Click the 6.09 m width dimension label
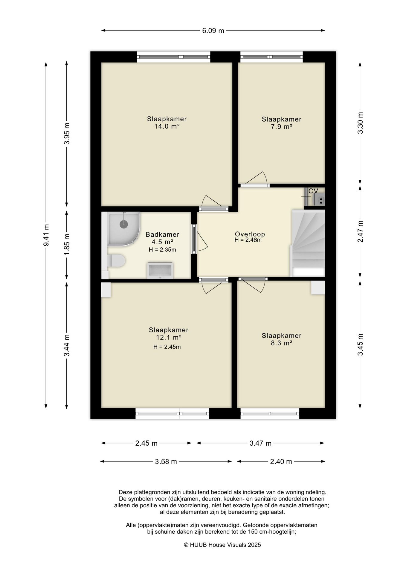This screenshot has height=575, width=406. click(x=213, y=31)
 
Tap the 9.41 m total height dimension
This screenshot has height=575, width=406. click(x=46, y=235)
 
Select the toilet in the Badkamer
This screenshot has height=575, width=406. click(x=116, y=261)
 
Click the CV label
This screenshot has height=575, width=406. click(x=313, y=191)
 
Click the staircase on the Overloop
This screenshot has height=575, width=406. click(x=308, y=243)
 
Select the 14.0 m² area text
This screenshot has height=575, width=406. click(x=167, y=126)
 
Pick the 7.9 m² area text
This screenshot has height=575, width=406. click(x=282, y=127)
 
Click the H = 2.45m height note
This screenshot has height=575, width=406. click(x=167, y=347)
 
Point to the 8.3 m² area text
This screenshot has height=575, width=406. click(x=282, y=343)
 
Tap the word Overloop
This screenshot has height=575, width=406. click(x=250, y=234)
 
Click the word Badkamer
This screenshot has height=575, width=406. click(x=162, y=234)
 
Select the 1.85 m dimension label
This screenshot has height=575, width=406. click(x=67, y=244)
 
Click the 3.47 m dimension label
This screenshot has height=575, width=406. click(x=260, y=443)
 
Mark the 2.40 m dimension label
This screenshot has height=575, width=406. click(x=281, y=461)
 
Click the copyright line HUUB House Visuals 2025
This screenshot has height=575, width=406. click(x=222, y=545)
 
